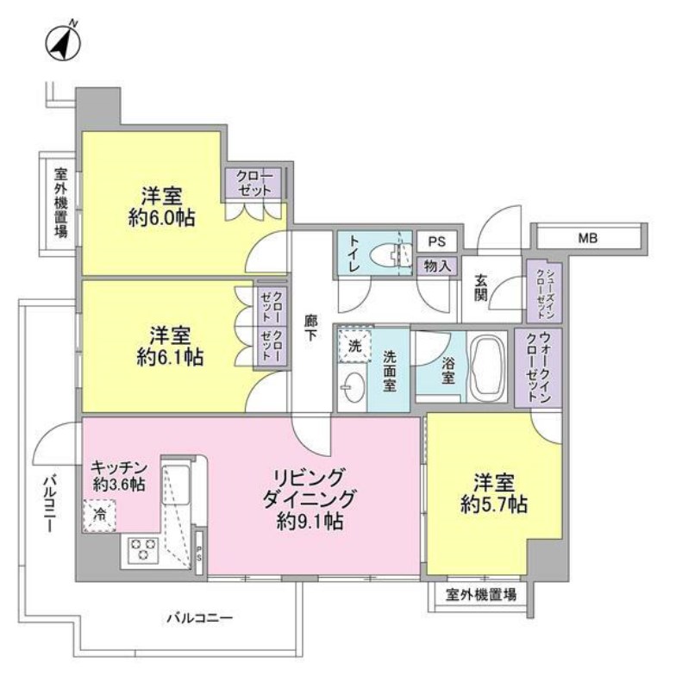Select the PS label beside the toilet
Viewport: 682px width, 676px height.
click(436, 241)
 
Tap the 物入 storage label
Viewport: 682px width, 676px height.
click(437, 266)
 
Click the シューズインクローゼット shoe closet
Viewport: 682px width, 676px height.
click(543, 291)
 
